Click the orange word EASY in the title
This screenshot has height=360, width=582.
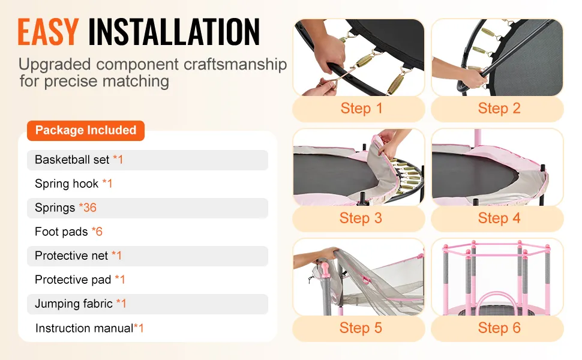(x=48, y=32)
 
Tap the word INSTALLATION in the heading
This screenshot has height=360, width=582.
(x=174, y=32)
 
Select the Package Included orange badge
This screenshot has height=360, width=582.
(x=86, y=130)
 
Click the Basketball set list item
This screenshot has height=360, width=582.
(x=79, y=160)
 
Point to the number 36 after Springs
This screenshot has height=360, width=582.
(x=90, y=208)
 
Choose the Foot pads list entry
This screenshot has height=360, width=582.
(x=68, y=232)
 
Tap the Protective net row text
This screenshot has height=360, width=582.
(x=78, y=256)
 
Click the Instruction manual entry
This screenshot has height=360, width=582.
(x=89, y=328)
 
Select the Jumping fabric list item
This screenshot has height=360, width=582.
(x=80, y=304)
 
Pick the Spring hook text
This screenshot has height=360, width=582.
(x=73, y=184)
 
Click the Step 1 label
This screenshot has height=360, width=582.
(x=361, y=109)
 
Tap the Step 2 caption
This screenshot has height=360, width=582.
(x=499, y=109)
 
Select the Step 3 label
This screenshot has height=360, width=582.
(x=361, y=218)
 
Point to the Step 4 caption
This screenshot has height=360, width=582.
(x=499, y=218)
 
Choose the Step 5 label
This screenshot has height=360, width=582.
(x=361, y=328)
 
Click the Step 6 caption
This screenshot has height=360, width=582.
(x=499, y=328)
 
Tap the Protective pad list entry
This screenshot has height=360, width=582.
(x=80, y=280)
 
